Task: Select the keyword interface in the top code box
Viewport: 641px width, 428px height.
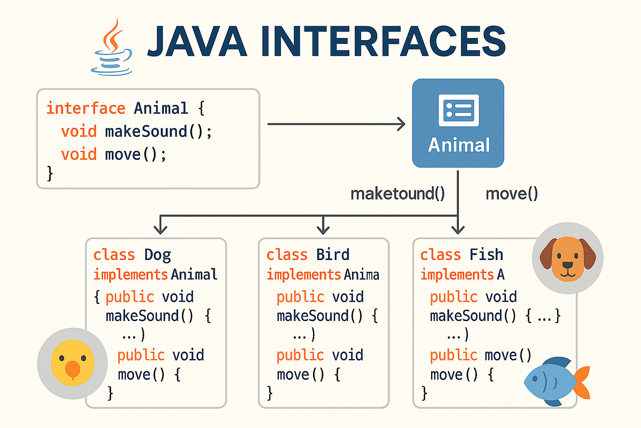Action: point(86,109)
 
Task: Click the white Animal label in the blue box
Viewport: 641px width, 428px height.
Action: point(459,145)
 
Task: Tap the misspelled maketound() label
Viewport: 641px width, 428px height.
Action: point(397,193)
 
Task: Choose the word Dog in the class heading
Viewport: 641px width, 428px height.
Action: point(158,255)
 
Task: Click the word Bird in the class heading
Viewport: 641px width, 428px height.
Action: point(332,255)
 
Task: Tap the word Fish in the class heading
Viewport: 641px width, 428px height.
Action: point(487,255)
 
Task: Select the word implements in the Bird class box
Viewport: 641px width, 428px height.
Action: point(303,275)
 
